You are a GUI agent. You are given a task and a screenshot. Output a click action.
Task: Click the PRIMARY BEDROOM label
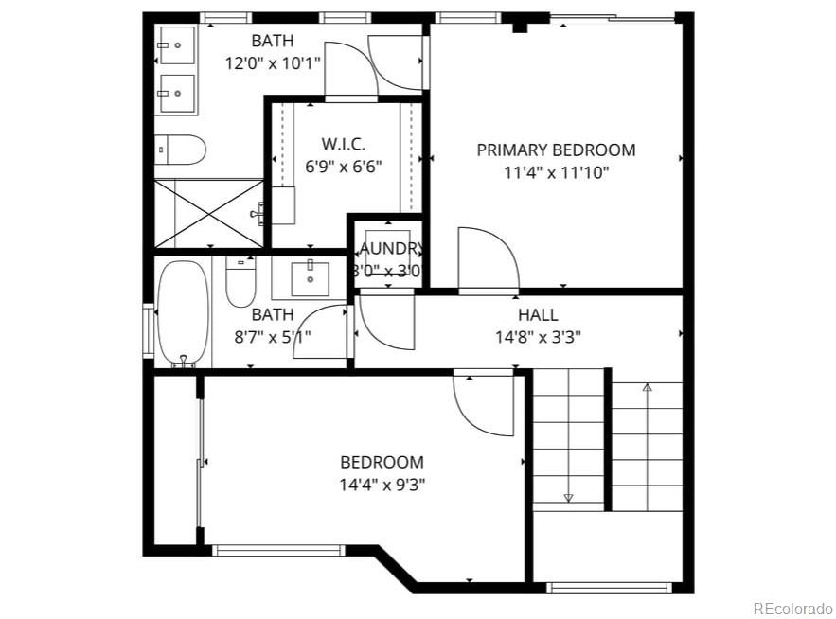(x=556, y=150)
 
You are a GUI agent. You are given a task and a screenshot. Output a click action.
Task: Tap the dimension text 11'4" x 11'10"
(x=556, y=172)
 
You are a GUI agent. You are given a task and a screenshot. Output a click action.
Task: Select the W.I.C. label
(x=343, y=144)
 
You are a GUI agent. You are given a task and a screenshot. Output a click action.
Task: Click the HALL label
(x=537, y=315)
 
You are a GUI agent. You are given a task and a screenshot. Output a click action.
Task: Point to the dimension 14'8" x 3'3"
(x=537, y=335)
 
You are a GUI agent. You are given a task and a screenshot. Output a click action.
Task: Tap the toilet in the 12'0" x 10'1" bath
(x=180, y=149)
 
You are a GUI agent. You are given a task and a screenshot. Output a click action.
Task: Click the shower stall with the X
(x=208, y=213)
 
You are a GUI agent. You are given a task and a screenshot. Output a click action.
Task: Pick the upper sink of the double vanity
(x=176, y=44)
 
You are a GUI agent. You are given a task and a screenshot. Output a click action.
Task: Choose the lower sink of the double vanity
(x=176, y=93)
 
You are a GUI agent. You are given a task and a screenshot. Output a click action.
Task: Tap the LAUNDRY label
(x=388, y=249)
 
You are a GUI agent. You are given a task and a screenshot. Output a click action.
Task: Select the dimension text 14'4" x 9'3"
(x=382, y=485)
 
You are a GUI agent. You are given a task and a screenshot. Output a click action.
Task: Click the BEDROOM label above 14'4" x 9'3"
(x=382, y=462)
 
